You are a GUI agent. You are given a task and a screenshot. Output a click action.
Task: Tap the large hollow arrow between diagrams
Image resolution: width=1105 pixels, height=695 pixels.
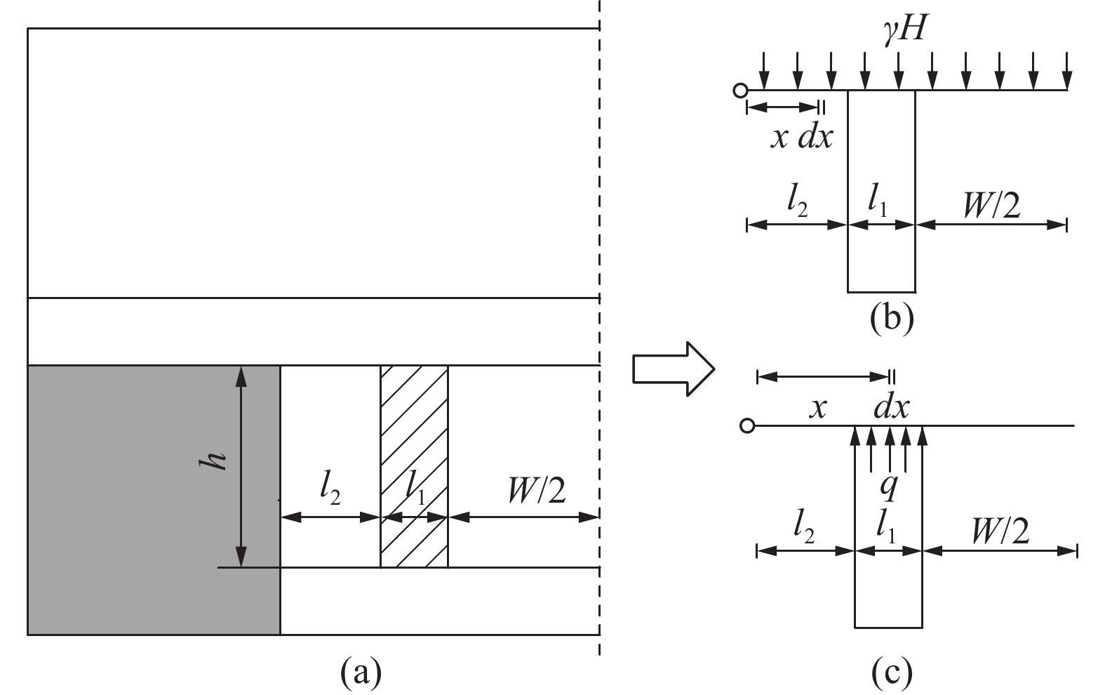(x=674, y=369)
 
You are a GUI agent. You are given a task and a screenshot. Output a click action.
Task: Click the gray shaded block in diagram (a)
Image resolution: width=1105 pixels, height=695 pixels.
(x=154, y=500)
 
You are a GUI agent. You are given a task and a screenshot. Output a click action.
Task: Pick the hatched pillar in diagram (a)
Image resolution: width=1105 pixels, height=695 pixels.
(x=415, y=466)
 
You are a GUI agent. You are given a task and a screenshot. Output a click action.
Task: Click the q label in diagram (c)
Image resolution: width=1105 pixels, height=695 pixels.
(x=890, y=488)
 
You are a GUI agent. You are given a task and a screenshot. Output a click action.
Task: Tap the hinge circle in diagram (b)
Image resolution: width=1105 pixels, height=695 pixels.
(x=740, y=91)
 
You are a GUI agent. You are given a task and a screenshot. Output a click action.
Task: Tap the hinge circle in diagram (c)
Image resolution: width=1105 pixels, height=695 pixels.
(x=748, y=425)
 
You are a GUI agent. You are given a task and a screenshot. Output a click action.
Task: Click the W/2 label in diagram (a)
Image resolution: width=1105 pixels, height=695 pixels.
(x=536, y=491)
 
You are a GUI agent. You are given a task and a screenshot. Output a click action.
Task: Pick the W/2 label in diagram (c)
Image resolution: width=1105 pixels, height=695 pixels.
(x=1000, y=531)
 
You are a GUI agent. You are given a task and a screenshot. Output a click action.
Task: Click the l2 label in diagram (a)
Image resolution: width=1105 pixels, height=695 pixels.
(x=330, y=490)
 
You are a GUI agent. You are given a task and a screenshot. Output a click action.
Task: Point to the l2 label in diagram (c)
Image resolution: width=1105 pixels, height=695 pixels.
(x=803, y=529)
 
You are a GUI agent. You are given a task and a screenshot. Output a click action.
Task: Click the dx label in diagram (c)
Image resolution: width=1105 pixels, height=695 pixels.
(x=892, y=408)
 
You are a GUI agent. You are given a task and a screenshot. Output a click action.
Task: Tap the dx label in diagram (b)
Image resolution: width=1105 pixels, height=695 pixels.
(x=815, y=136)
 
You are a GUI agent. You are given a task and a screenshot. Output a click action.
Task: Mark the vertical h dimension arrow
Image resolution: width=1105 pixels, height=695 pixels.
(x=241, y=466)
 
